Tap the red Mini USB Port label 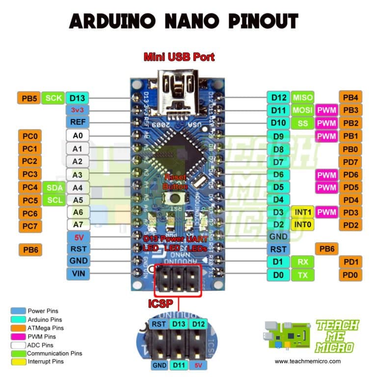[179, 57]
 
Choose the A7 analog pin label [77, 224]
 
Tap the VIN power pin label [77, 273]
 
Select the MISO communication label [303, 97]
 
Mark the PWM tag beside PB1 [326, 135]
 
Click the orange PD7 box [350, 162]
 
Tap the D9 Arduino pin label [278, 135]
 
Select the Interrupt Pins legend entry [45, 362]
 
